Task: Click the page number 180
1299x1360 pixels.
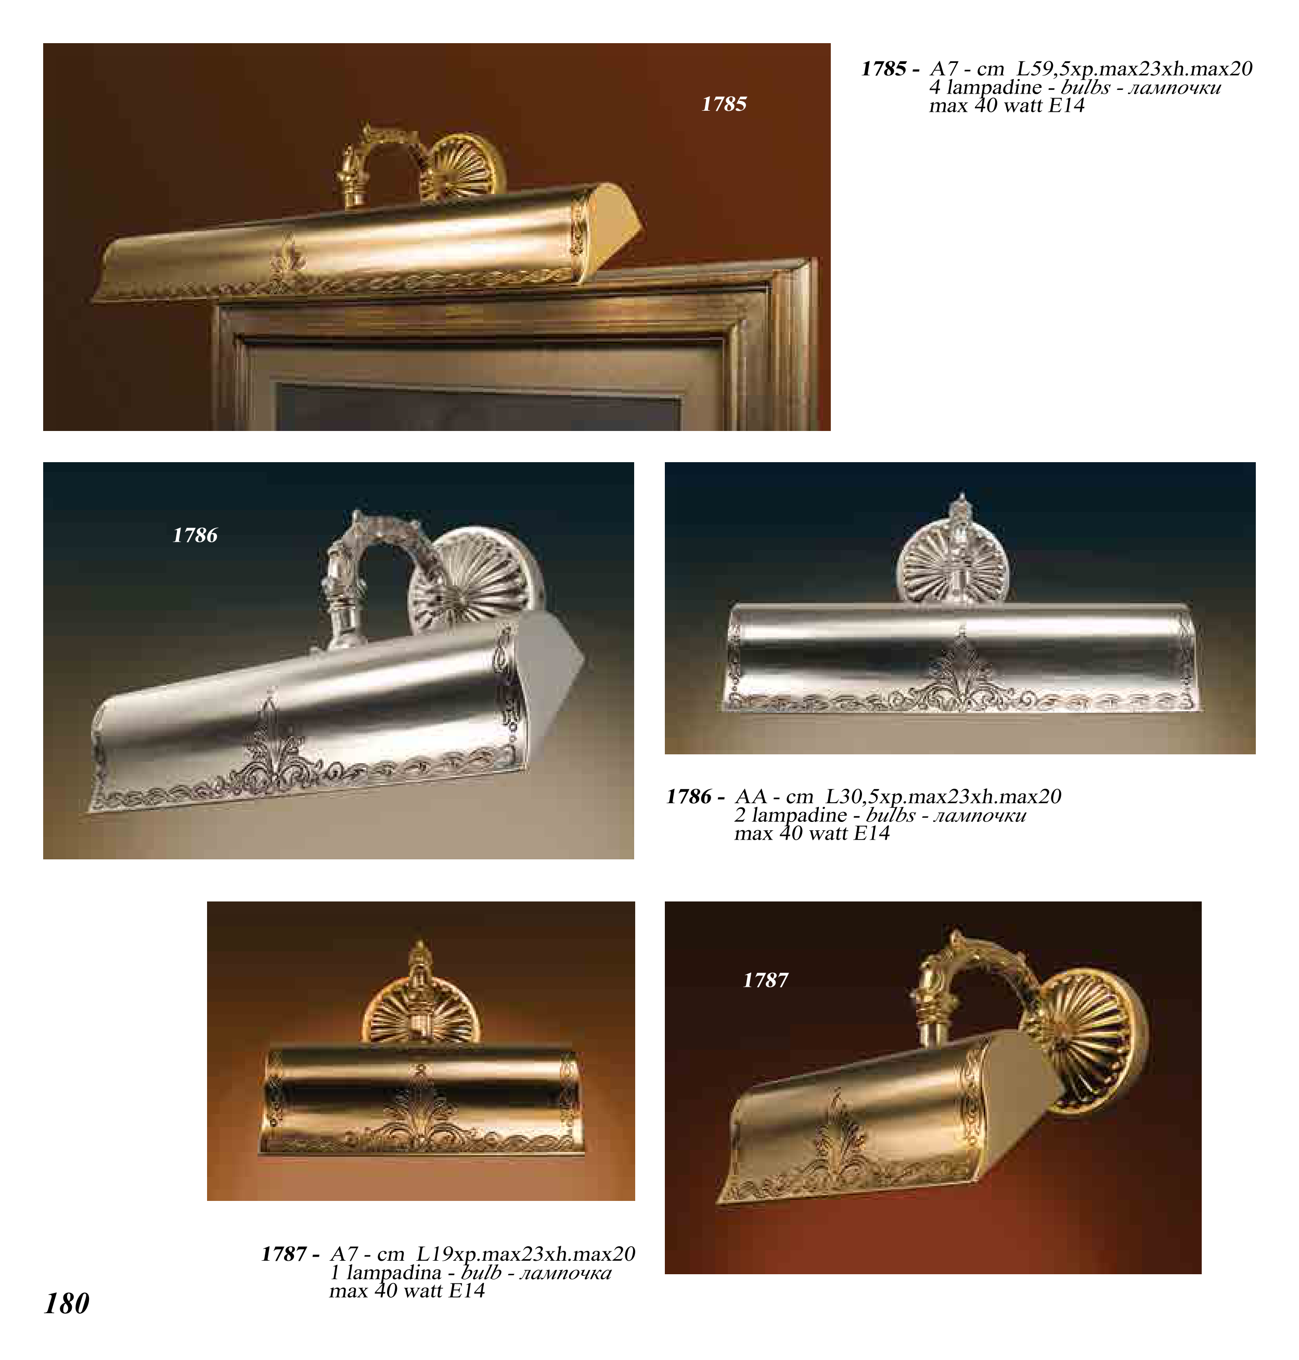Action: tap(67, 1303)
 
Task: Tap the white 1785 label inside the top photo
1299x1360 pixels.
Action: tap(724, 104)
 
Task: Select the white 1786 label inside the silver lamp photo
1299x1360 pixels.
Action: tap(195, 535)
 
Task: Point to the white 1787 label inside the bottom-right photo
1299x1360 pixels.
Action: tap(765, 980)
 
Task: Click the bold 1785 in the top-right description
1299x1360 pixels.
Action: tap(884, 69)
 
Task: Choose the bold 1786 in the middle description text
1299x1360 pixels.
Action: tap(689, 796)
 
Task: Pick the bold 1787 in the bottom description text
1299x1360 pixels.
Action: tap(284, 1254)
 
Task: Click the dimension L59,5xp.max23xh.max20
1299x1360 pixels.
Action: tap(1134, 69)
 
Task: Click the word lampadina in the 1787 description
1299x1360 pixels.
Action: tap(393, 1273)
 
